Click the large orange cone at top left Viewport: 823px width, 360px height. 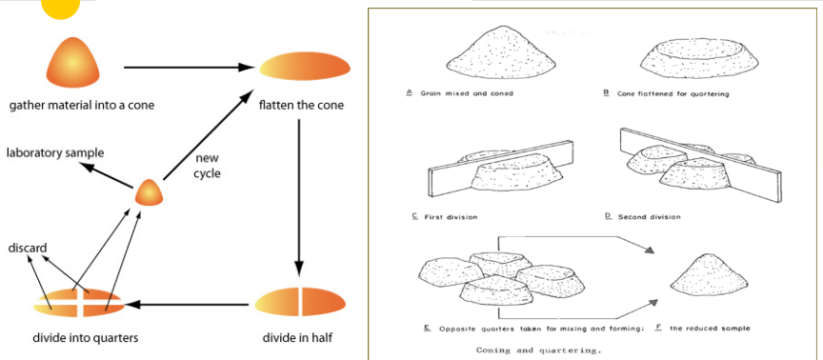click(x=73, y=62)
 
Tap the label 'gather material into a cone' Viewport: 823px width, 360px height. click(x=82, y=106)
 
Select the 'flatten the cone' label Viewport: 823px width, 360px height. click(x=301, y=106)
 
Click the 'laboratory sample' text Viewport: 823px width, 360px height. click(x=55, y=153)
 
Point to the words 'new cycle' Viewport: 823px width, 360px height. click(x=207, y=166)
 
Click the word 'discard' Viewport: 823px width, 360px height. click(x=28, y=248)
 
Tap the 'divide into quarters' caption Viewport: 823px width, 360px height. click(x=86, y=337)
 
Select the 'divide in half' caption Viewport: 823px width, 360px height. click(x=297, y=337)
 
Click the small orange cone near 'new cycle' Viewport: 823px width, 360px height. click(x=149, y=192)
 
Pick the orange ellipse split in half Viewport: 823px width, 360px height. click(x=300, y=302)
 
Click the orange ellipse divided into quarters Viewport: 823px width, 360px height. click(x=79, y=303)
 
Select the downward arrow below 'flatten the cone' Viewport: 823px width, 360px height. click(x=299, y=198)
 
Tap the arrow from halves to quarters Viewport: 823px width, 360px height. click(x=186, y=304)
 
